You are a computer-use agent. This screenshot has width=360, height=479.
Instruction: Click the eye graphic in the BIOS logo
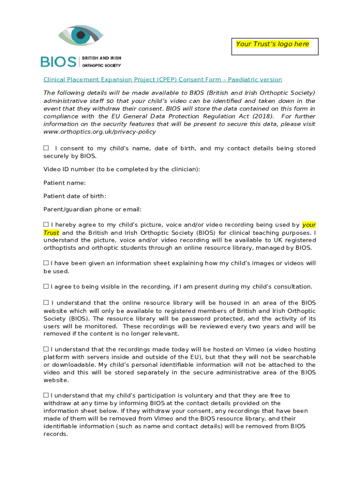(x=81, y=36)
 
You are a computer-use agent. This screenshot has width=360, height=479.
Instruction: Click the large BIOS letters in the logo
(x=58, y=62)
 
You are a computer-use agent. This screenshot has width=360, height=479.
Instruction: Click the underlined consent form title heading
(x=163, y=80)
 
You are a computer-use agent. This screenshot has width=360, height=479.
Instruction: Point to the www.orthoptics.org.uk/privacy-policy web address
(x=100, y=132)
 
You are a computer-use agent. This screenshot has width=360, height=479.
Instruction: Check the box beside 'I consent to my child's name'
(x=46, y=148)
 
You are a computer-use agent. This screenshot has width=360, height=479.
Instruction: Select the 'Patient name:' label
(x=65, y=183)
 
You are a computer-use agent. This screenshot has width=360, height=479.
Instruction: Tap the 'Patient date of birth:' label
(x=75, y=196)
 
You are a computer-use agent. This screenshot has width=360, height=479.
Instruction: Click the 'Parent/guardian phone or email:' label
(x=93, y=209)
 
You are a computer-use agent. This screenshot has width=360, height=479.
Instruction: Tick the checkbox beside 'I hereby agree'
(x=46, y=225)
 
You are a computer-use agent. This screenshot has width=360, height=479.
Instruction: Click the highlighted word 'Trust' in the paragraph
(x=51, y=232)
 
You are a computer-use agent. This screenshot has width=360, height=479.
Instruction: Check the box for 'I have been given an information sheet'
(x=46, y=263)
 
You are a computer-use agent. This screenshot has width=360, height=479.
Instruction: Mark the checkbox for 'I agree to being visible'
(x=46, y=286)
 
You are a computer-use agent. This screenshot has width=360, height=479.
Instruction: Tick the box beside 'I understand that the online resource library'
(x=46, y=303)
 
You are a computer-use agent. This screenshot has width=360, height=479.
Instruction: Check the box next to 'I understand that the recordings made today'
(x=46, y=349)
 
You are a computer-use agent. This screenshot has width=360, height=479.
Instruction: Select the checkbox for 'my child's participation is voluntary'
(x=46, y=395)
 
